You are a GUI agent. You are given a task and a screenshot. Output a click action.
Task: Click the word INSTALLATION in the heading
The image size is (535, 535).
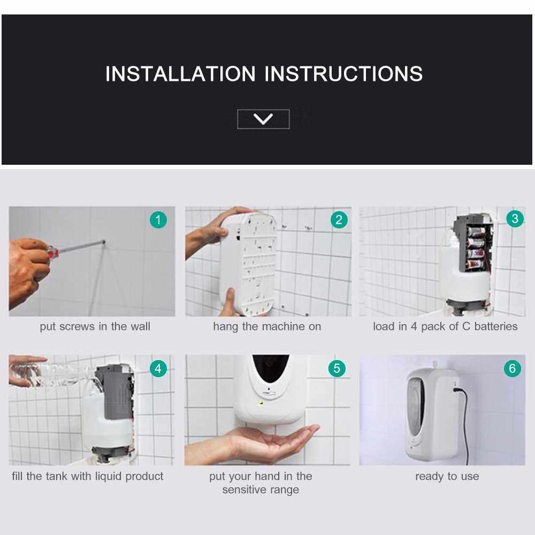pyautogui.click(x=180, y=74)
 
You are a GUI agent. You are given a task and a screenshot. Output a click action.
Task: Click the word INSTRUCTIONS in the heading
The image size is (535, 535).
pyautogui.click(x=343, y=74)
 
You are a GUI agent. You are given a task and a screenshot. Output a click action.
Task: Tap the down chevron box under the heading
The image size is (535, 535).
pyautogui.click(x=263, y=119)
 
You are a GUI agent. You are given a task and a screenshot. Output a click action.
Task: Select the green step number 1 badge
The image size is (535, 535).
pyautogui.click(x=158, y=220)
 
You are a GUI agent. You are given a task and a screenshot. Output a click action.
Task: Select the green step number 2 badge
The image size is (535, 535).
pyautogui.click(x=339, y=220)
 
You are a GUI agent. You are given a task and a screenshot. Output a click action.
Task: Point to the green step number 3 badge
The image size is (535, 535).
pyautogui.click(x=515, y=218)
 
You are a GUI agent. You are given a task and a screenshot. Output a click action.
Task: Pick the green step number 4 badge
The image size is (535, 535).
pyautogui.click(x=158, y=369)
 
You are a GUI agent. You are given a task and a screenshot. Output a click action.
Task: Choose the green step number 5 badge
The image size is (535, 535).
pyautogui.click(x=337, y=369)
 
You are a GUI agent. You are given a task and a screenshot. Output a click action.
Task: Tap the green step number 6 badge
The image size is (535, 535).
pyautogui.click(x=512, y=369)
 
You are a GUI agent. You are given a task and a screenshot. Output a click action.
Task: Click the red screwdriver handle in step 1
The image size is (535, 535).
pyautogui.click(x=53, y=252)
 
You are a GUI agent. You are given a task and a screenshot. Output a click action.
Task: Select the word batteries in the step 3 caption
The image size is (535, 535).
pyautogui.click(x=496, y=326)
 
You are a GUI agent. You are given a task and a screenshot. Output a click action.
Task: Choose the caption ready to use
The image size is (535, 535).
pyautogui.click(x=447, y=477)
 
